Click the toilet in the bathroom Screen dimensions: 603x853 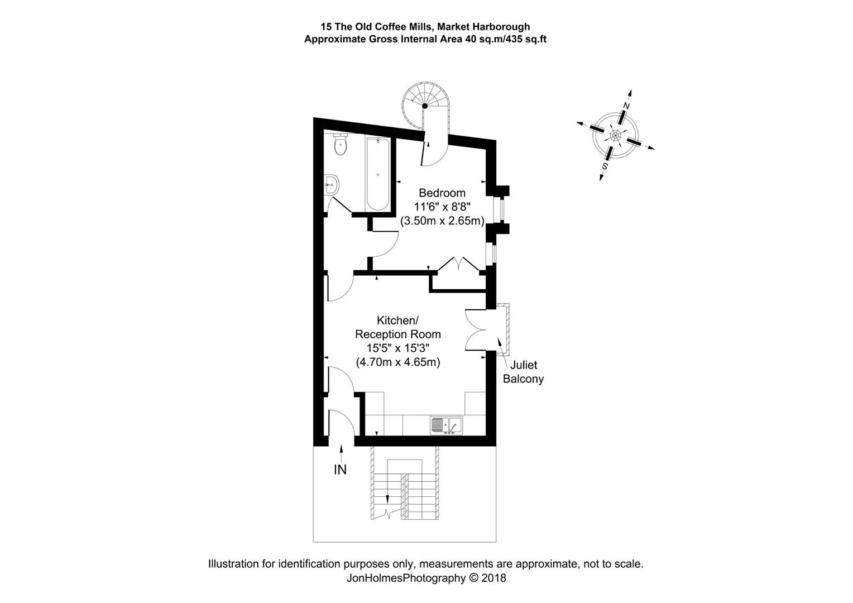[339, 146]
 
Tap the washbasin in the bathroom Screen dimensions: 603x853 [331, 184]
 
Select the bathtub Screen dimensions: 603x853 [378, 174]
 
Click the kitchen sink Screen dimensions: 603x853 [446, 425]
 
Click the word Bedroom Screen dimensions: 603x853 [442, 193]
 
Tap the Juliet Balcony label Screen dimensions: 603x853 [523, 372]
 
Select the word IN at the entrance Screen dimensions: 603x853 [340, 470]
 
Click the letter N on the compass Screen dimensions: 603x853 [626, 106]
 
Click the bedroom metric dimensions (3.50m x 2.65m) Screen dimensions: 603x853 [442, 221]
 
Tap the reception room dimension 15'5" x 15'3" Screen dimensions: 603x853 [398, 348]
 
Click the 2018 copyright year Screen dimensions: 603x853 [493, 578]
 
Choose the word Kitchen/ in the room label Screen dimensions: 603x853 [397, 320]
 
